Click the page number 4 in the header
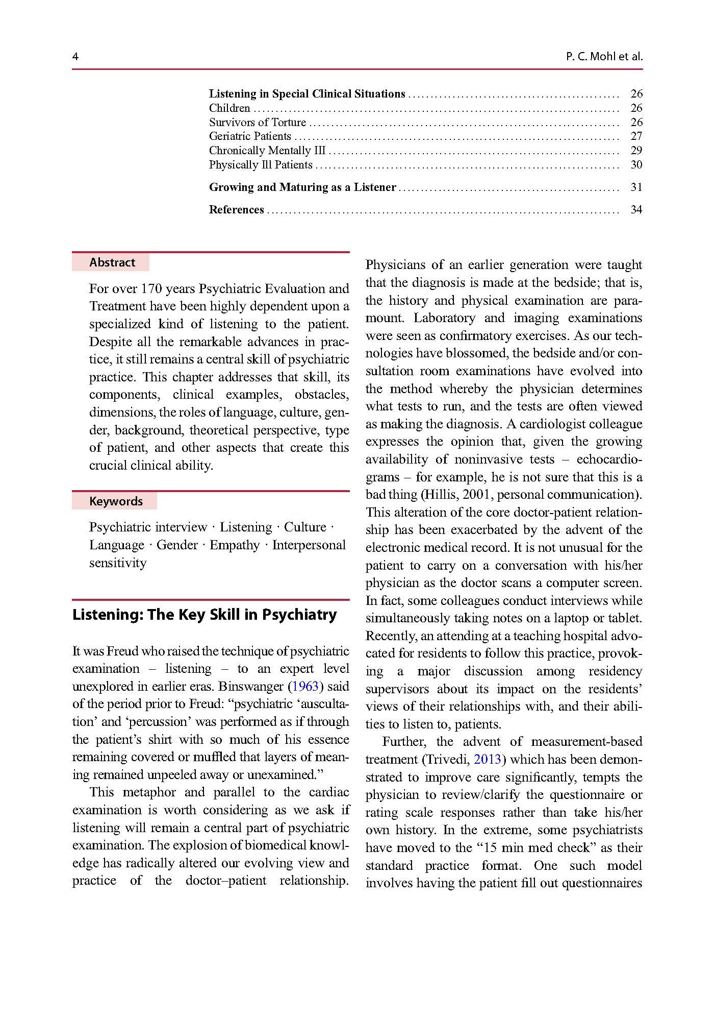click(75, 57)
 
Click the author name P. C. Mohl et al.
click(604, 57)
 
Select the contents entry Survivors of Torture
click(258, 122)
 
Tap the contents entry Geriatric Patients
click(250, 136)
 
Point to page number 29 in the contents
click(636, 150)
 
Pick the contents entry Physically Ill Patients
click(261, 164)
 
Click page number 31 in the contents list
click(636, 187)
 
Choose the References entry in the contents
click(237, 209)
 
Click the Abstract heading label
click(112, 262)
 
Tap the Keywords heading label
click(116, 501)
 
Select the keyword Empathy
click(235, 545)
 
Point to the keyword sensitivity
click(118, 563)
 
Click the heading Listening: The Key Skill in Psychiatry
click(205, 614)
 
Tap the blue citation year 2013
click(487, 759)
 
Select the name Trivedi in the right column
click(444, 759)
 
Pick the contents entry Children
click(229, 108)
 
